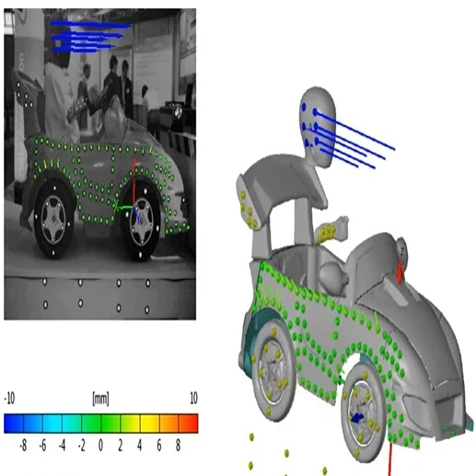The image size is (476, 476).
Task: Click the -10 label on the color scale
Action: [x=9, y=399]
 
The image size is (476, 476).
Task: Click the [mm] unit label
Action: [x=100, y=399]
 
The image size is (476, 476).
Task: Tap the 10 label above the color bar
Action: [x=193, y=399]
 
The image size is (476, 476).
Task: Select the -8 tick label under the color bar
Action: [x=23, y=446]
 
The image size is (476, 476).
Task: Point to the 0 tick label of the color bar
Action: [x=100, y=446]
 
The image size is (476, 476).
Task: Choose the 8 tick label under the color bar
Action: [x=178, y=446]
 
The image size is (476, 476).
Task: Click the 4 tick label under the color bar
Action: [x=139, y=446]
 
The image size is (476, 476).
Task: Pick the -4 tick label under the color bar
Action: [x=62, y=446]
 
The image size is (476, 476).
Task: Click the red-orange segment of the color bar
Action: [x=188, y=424]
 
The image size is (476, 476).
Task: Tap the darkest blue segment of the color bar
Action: [x=14, y=424]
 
